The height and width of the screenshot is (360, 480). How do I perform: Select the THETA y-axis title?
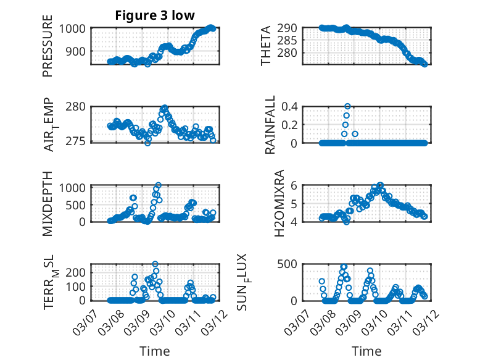tap(266, 46)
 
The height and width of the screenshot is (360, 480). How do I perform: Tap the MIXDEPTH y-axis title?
tap(48, 203)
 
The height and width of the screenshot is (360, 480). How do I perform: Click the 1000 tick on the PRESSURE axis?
tap(76, 28)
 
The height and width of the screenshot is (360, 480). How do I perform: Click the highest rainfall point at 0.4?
tap(347, 106)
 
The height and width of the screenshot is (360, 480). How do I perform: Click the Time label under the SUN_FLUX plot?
tap(366, 351)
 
